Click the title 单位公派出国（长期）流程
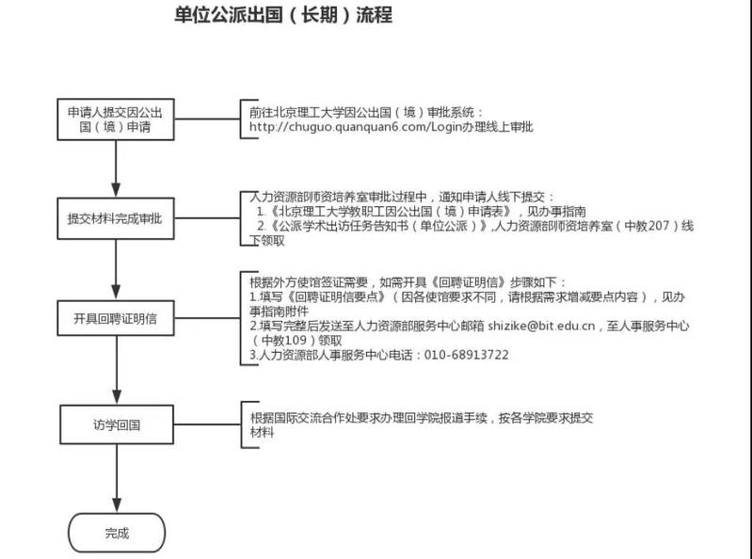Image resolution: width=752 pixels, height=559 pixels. point(283,15)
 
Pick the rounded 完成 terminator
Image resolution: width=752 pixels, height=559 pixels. point(116,533)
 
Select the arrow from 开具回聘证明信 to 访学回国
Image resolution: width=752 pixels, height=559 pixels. point(115,369)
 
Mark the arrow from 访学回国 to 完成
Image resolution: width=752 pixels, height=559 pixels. point(115,475)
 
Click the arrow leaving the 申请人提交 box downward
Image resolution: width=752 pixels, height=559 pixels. point(115,168)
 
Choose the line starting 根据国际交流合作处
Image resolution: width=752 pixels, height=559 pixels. point(424,417)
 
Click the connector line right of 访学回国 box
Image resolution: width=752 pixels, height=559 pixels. point(206,419)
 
